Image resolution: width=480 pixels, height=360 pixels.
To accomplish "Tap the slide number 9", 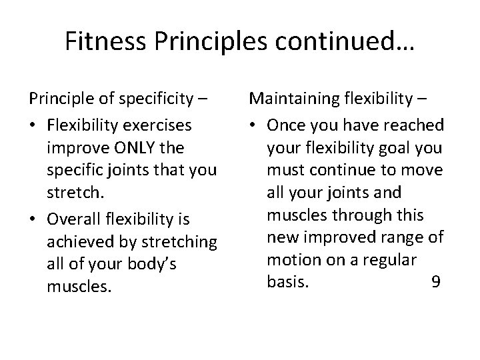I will click(435, 281).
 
